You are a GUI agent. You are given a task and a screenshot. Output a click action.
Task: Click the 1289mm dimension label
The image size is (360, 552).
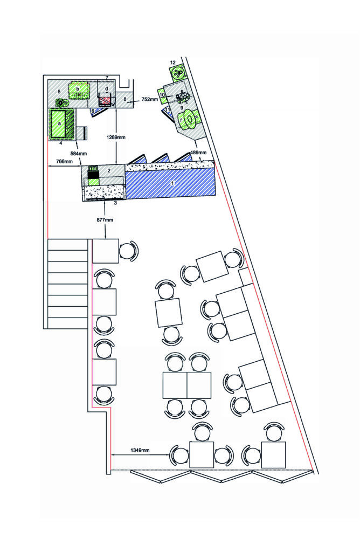pos(116,137)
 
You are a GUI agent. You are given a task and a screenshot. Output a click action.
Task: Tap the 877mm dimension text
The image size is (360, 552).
pos(105,220)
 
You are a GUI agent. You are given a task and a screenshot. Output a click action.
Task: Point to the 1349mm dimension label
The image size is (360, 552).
pos(140,450)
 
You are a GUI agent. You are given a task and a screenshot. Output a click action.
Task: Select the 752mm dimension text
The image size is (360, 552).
pos(150,99)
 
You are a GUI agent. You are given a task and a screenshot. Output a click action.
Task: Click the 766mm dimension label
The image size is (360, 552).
pos(64,162)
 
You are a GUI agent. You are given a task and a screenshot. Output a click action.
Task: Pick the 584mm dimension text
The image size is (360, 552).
pos(79,154)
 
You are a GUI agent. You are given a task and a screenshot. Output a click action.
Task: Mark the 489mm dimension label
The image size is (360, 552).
pos(198,153)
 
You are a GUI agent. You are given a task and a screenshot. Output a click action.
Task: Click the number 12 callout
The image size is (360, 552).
pos(173,63)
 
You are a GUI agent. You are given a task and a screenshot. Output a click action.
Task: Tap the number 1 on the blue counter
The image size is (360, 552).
pos(172,183)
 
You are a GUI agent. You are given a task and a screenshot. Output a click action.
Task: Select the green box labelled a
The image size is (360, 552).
pos(59,124)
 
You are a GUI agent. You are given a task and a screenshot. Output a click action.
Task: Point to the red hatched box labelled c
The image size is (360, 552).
pos(105,100)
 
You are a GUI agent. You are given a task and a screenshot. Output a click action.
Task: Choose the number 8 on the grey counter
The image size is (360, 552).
pos(124,99)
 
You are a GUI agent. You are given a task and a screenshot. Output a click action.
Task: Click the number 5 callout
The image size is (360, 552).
pos(59,92)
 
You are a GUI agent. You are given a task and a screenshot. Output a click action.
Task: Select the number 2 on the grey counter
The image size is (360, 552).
pos(109,170)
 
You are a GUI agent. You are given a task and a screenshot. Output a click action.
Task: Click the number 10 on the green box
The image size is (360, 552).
pos(162,95)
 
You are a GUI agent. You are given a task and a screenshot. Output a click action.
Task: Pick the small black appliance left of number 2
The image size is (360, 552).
pos(93,172)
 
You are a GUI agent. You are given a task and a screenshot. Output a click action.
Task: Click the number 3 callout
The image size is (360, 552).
pos(115,203)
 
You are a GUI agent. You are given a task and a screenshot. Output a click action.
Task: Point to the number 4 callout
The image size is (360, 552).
pos(60,143)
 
